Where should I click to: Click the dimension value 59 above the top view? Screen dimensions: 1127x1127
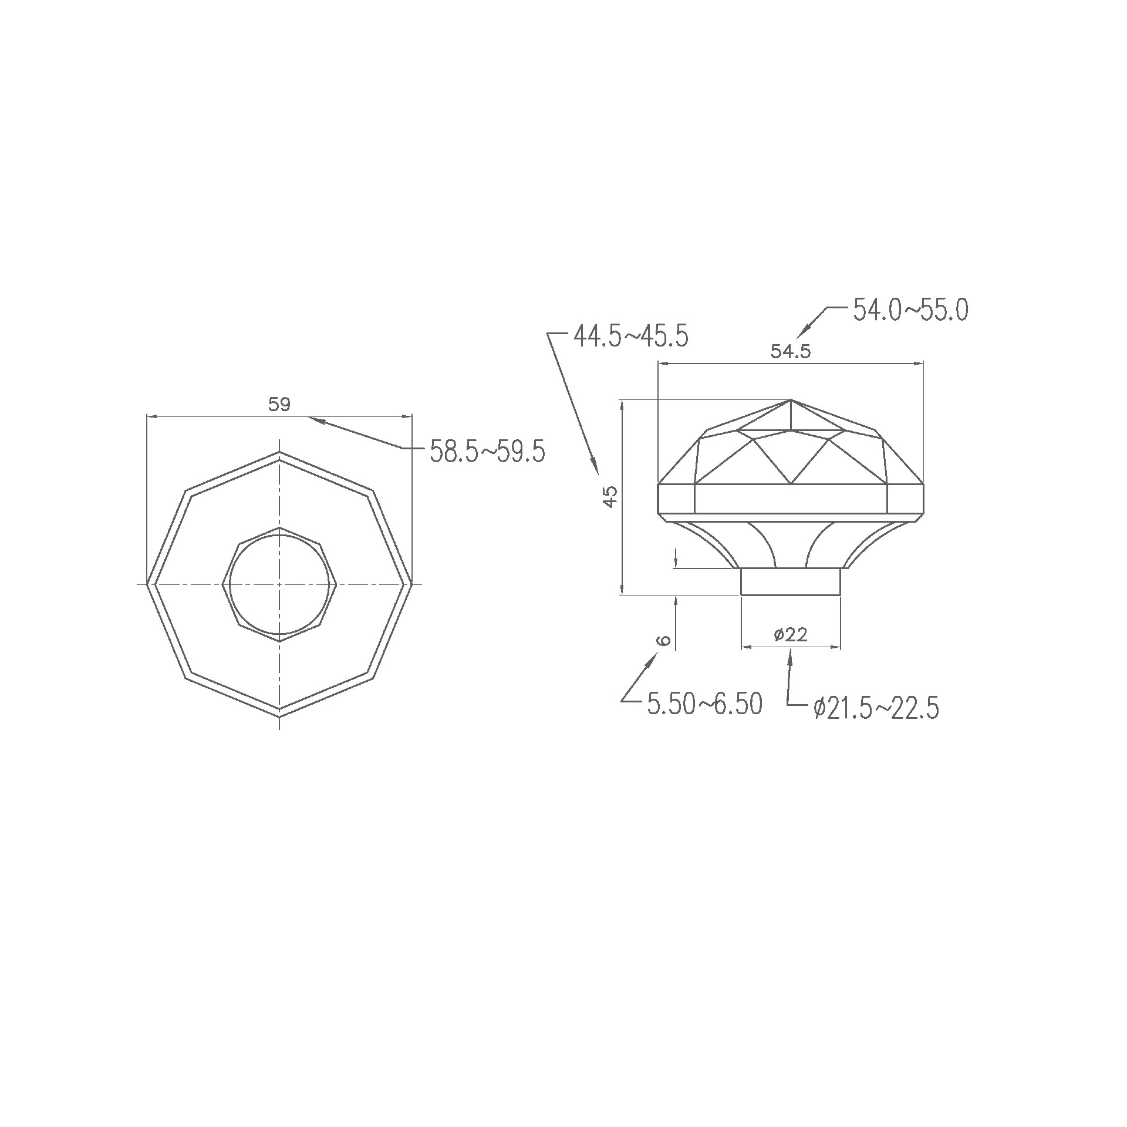point(279,405)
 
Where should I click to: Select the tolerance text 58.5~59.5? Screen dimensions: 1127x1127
point(488,452)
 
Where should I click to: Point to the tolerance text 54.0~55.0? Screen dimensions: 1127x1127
point(910,310)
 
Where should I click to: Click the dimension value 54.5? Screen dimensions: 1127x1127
point(790,352)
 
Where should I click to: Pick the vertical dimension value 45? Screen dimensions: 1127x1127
point(610,497)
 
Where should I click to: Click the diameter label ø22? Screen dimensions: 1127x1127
point(791,634)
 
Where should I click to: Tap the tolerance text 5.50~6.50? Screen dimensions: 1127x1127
point(705,704)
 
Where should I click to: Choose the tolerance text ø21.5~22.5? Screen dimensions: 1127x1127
point(876,708)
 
